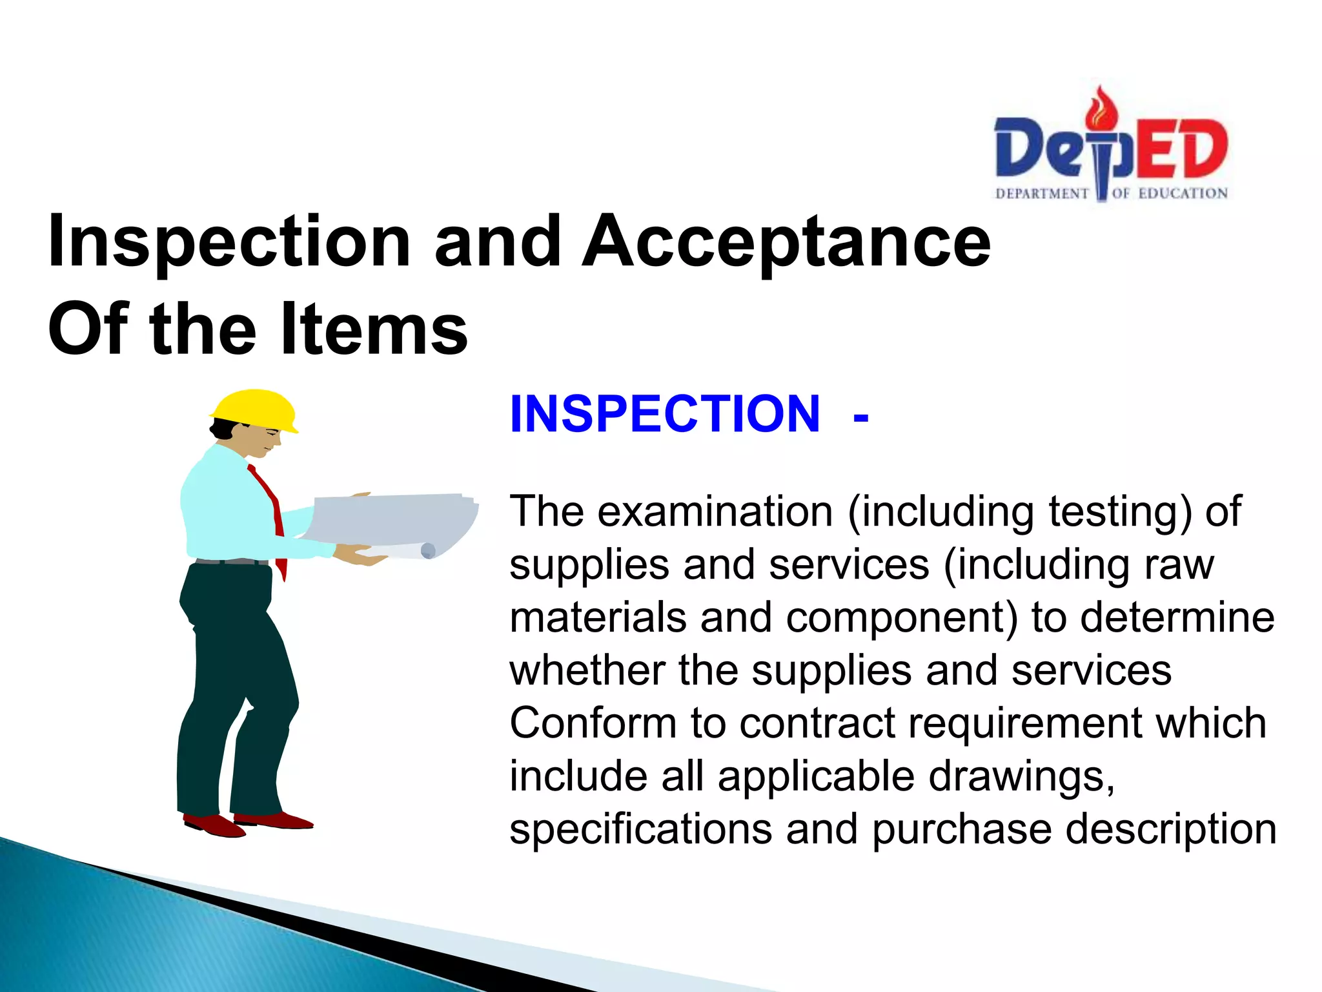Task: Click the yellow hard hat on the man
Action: [254, 408]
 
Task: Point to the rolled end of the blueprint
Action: [427, 551]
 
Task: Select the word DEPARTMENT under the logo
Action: [1042, 194]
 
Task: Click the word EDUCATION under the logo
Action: [1183, 194]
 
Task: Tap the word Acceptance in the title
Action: [786, 241]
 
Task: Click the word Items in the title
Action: [374, 329]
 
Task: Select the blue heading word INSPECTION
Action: [665, 414]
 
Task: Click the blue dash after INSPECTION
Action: [860, 418]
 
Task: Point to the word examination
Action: [715, 512]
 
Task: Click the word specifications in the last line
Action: [640, 829]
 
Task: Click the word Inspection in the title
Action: [229, 241]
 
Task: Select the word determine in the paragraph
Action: [1177, 617]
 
